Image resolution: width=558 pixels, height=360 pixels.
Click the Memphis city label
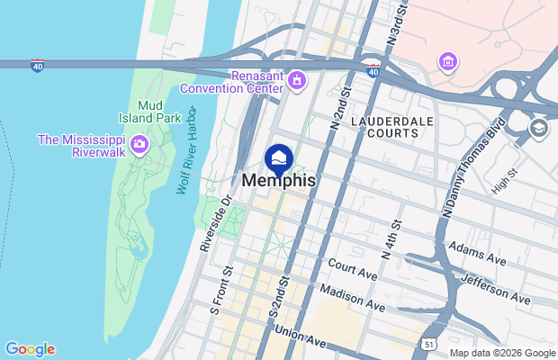coord(279,181)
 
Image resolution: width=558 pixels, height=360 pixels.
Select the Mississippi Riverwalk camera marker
coord(139,144)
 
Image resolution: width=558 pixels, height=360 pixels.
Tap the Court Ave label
coord(351,266)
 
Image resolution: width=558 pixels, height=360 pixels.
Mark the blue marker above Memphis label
coord(279,158)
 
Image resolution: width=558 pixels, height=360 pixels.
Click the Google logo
coord(30,349)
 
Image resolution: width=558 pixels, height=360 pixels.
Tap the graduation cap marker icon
coord(539,127)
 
